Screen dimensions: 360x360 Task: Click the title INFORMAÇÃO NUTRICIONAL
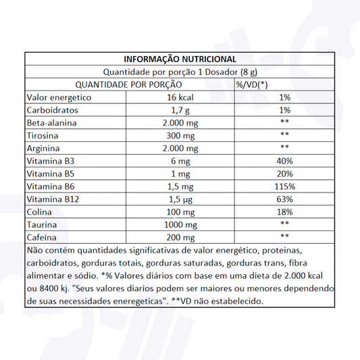(x=179, y=59)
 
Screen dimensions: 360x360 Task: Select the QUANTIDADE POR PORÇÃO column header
(x=128, y=84)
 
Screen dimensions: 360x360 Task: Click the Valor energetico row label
(x=58, y=97)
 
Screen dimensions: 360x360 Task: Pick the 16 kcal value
(x=179, y=97)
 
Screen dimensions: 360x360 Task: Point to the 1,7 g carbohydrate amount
(x=179, y=110)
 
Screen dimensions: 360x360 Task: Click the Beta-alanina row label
(x=52, y=123)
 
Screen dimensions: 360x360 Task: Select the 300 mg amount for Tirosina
(x=179, y=136)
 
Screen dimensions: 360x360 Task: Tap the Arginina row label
(x=45, y=149)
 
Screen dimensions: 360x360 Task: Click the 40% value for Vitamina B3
(x=284, y=161)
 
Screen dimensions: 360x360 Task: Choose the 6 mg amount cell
(x=179, y=161)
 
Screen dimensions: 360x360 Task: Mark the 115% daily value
(x=284, y=186)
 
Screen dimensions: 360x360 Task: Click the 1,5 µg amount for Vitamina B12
(x=179, y=199)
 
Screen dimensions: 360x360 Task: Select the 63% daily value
(x=284, y=199)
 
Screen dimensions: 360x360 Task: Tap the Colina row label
(x=39, y=212)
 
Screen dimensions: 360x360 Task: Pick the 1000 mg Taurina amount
(x=179, y=224)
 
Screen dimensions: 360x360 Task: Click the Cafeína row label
(x=42, y=237)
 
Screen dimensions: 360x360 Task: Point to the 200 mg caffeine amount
(x=179, y=237)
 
